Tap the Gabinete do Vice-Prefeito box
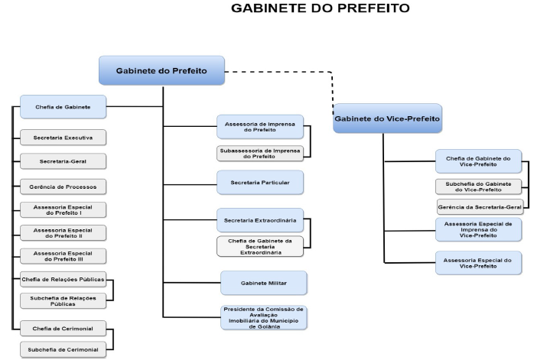click(x=387, y=118)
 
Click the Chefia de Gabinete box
click(x=63, y=108)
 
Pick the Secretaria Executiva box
click(x=63, y=138)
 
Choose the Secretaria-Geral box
click(x=63, y=161)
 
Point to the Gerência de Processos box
click(x=63, y=186)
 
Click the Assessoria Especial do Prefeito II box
click(x=63, y=232)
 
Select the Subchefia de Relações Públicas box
click(x=63, y=300)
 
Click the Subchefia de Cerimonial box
click(x=63, y=351)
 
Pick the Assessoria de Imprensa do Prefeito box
click(x=259, y=127)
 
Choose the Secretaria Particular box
click(x=260, y=183)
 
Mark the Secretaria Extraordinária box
click(x=259, y=221)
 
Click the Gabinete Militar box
click(x=263, y=283)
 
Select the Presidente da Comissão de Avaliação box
click(x=263, y=317)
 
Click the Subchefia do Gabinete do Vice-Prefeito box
click(x=478, y=186)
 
